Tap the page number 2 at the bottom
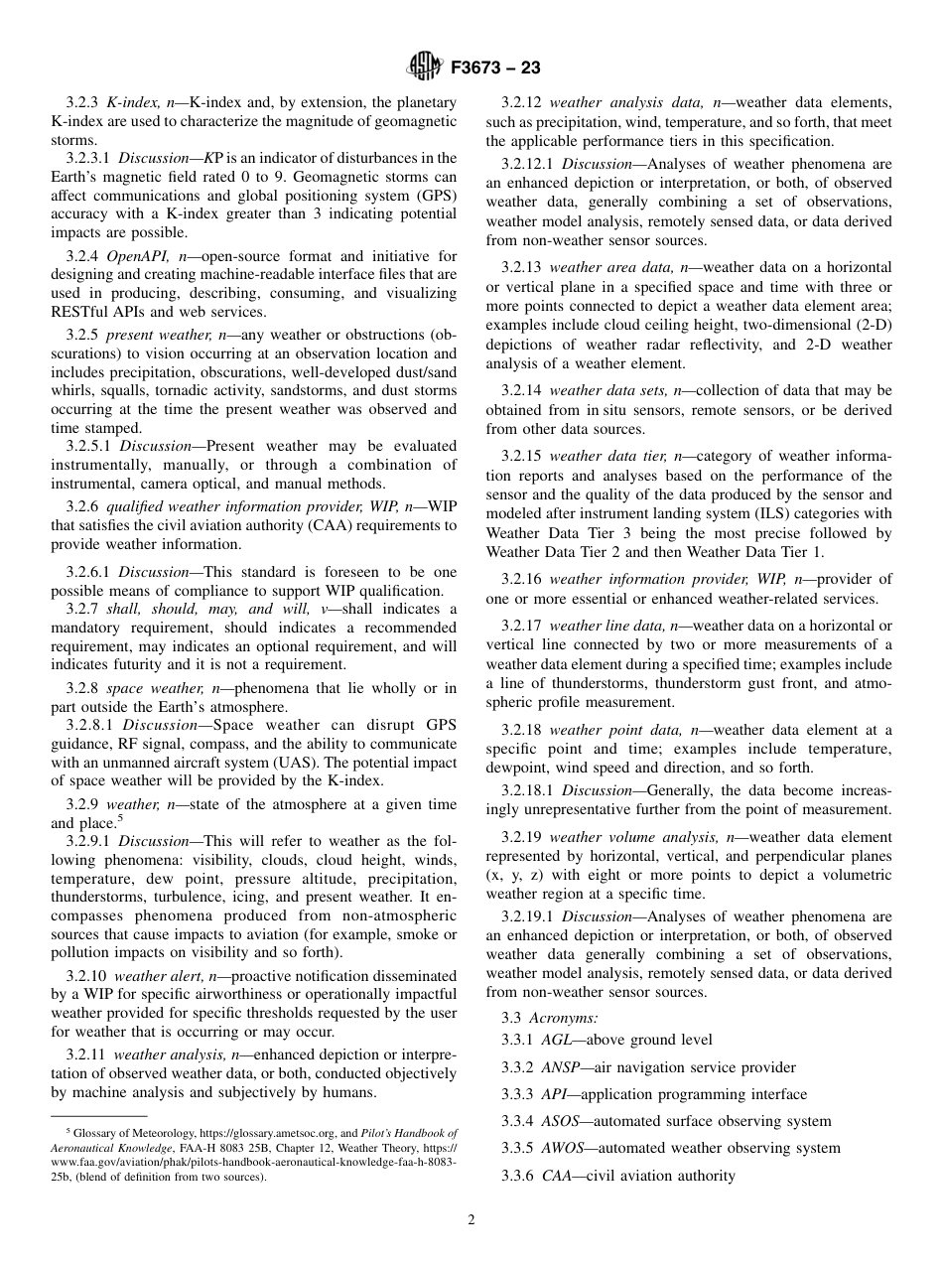tap(471, 1220)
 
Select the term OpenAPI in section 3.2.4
tap(137, 256)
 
